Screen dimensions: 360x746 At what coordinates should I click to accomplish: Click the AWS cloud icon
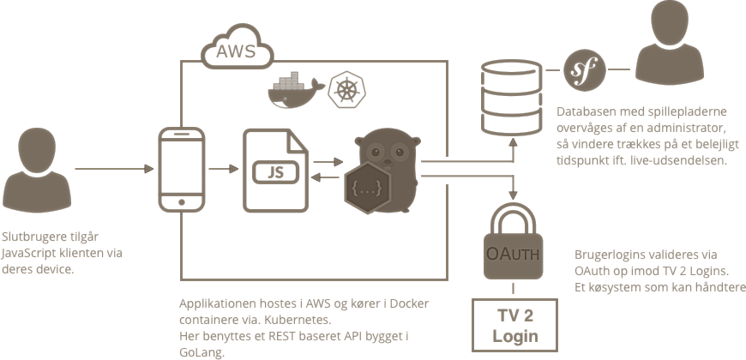tap(236, 51)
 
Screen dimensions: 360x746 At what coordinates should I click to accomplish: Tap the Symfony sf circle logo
tap(583, 69)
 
